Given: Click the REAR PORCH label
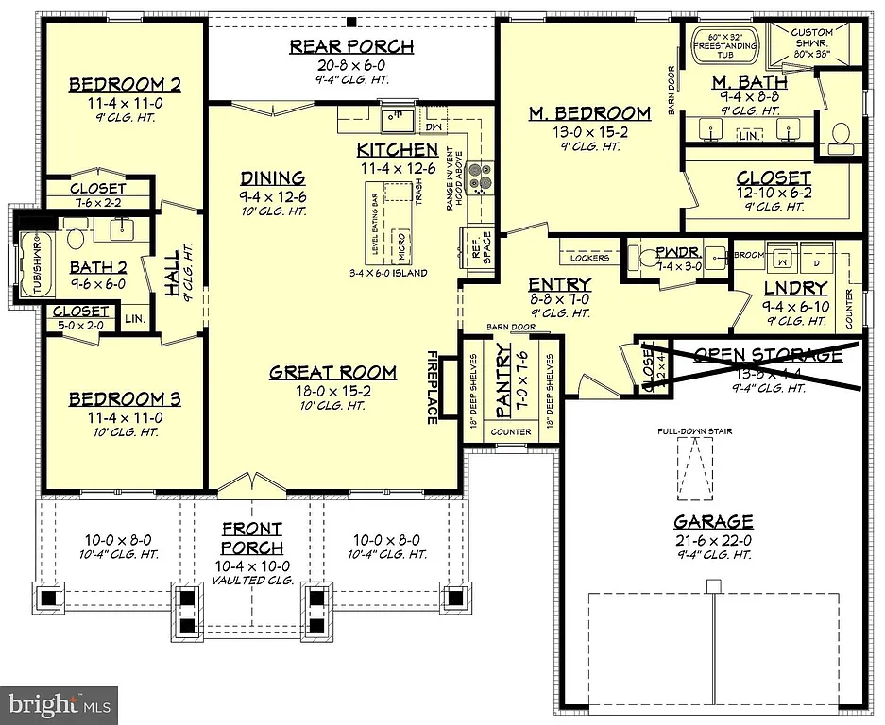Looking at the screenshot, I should pyautogui.click(x=350, y=47).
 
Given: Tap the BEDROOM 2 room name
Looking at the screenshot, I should pyautogui.click(x=125, y=85).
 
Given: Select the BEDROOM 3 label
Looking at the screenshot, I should pyautogui.click(x=125, y=398).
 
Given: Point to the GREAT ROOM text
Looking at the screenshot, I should pyautogui.click(x=332, y=372).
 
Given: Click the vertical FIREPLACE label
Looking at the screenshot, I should pyautogui.click(x=432, y=388).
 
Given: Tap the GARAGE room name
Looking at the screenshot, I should pyautogui.click(x=713, y=521).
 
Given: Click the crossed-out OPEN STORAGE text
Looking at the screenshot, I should pyautogui.click(x=767, y=355).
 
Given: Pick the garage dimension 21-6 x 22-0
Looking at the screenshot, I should pyautogui.click(x=713, y=539).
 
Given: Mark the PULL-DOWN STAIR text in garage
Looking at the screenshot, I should pyautogui.click(x=696, y=431).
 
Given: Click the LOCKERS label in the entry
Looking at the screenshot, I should pyautogui.click(x=590, y=258).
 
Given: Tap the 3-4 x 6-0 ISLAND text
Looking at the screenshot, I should pyautogui.click(x=388, y=273).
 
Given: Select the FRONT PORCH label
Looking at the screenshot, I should pyautogui.click(x=252, y=538).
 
